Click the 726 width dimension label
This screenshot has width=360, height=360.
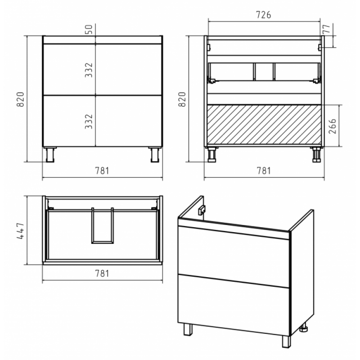[x=263, y=15]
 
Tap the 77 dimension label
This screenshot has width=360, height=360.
[x=327, y=28]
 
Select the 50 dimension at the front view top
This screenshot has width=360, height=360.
[x=90, y=29]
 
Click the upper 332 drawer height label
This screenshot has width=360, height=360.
[x=89, y=70]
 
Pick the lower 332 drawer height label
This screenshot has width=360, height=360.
[x=89, y=121]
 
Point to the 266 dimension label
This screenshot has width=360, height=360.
[x=333, y=126]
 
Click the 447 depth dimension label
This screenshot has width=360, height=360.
[x=20, y=231]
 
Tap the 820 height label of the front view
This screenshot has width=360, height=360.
[x=20, y=99]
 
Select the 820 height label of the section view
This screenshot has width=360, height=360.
[x=182, y=99]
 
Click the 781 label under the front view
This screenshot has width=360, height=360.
[x=102, y=171]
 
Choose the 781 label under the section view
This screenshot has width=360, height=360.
[x=264, y=171]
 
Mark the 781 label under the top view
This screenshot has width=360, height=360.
[x=102, y=274]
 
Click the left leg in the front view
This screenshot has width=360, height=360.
[x=50, y=154]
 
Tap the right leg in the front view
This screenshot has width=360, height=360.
[x=155, y=154]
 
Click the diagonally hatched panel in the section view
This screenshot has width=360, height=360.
[x=264, y=125]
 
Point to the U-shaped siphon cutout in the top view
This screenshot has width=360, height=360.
[x=103, y=242]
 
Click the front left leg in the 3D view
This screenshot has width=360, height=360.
[x=188, y=329]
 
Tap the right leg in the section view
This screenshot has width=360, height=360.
[x=316, y=154]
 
